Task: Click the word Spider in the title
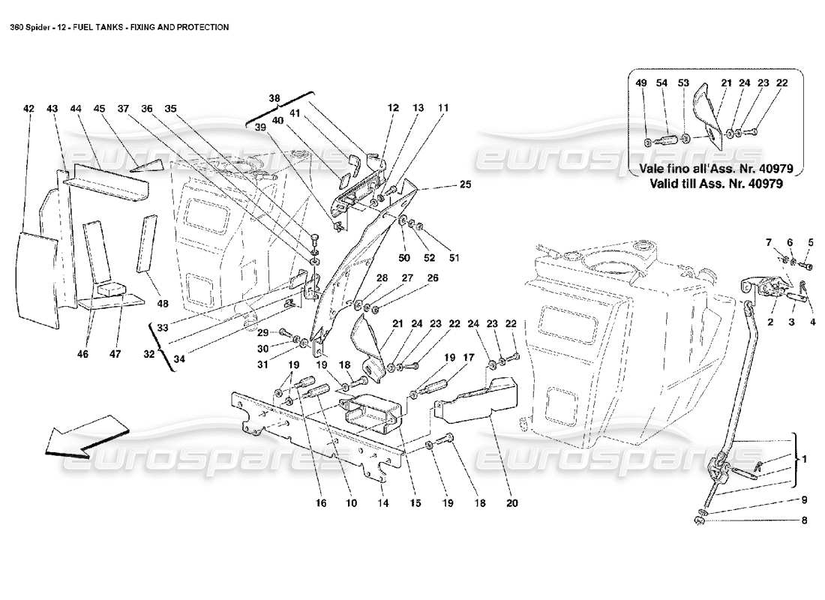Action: click(46, 27)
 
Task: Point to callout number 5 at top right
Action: click(810, 241)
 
